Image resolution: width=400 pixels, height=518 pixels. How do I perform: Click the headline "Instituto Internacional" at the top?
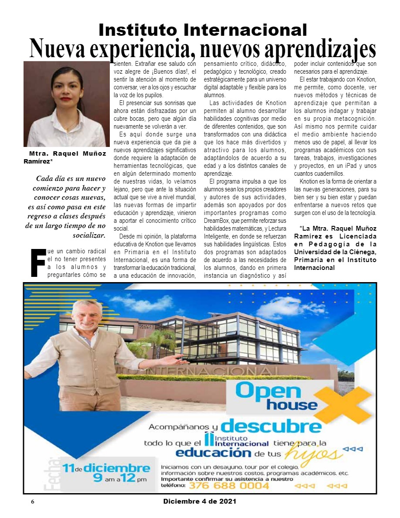pyautogui.click(x=203, y=30)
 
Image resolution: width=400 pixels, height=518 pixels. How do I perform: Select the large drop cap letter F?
pyautogui.click(x=38, y=262)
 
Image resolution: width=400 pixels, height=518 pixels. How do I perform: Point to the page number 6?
pyautogui.click(x=32, y=502)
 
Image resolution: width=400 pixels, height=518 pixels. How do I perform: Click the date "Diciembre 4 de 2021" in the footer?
pyautogui.click(x=200, y=501)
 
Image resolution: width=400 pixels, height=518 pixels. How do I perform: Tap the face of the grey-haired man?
pyautogui.click(x=86, y=317)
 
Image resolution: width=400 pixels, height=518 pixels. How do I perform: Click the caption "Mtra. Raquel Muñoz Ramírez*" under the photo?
pyautogui.click(x=65, y=157)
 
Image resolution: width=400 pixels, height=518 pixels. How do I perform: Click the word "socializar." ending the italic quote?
pyautogui.click(x=89, y=235)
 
